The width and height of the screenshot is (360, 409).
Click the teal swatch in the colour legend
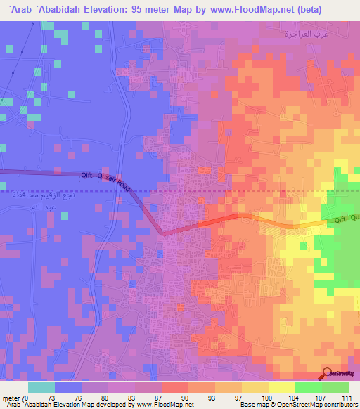point(41,387)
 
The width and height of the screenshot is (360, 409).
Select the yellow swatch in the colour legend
point(281,387)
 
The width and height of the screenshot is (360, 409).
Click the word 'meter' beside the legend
point(10,398)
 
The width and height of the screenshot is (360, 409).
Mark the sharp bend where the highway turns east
point(161,234)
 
